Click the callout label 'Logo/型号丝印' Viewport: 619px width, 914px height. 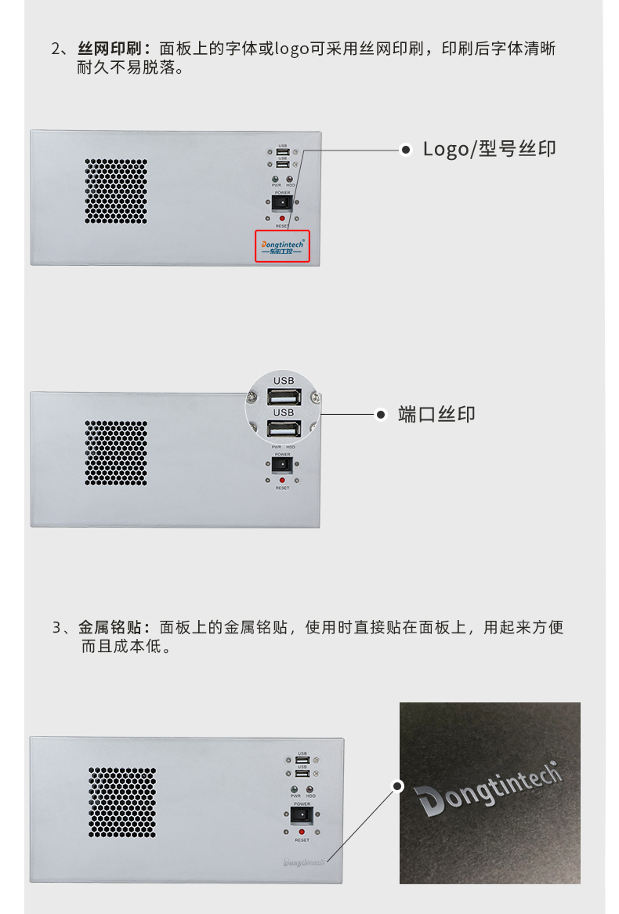pyautogui.click(x=489, y=149)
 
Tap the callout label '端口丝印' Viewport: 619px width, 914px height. pyautogui.click(x=436, y=415)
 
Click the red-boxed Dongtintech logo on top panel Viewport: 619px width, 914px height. pyautogui.click(x=282, y=247)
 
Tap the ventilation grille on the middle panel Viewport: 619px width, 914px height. pyautogui.click(x=116, y=452)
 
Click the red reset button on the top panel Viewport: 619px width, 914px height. pyautogui.click(x=282, y=217)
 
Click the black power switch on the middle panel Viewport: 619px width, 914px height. pyautogui.click(x=282, y=466)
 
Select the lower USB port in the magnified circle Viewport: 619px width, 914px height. pyautogui.click(x=283, y=428)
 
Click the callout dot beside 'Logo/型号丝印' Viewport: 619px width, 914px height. pyautogui.click(x=405, y=149)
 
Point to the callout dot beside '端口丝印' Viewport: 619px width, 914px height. pyautogui.click(x=381, y=415)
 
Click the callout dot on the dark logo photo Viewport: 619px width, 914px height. pyautogui.click(x=398, y=785)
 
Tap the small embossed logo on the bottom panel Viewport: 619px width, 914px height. pyautogui.click(x=303, y=862)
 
